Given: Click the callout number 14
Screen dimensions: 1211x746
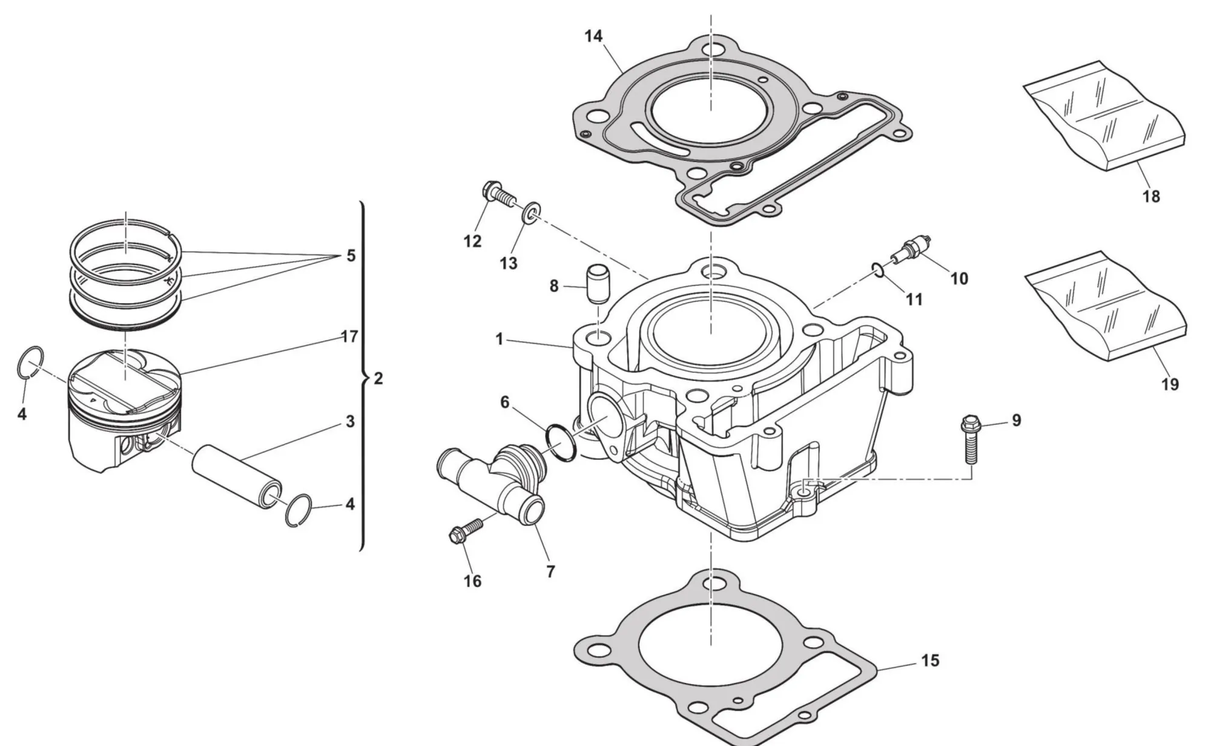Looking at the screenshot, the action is pyautogui.click(x=593, y=36).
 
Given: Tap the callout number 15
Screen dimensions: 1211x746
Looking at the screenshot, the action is pyautogui.click(x=930, y=660).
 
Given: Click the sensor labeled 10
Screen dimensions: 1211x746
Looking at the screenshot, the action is pyautogui.click(x=912, y=249).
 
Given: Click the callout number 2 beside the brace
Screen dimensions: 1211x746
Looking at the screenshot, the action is pyautogui.click(x=378, y=379).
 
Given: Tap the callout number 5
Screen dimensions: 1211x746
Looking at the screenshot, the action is pyautogui.click(x=351, y=256).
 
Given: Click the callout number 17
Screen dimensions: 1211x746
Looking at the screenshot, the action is pyautogui.click(x=349, y=336).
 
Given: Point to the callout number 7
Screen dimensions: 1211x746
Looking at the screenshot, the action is pyautogui.click(x=550, y=571).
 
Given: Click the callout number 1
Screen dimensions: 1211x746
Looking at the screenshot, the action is pyautogui.click(x=500, y=339).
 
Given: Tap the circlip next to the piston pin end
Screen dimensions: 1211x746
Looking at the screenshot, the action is pyautogui.click(x=299, y=510).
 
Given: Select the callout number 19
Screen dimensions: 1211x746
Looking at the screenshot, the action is pyautogui.click(x=1170, y=384).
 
